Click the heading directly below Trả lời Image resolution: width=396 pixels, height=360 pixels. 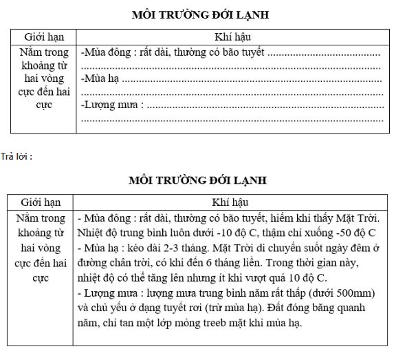[x=199, y=180]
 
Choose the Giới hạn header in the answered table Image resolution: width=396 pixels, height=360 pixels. [x=41, y=202]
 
